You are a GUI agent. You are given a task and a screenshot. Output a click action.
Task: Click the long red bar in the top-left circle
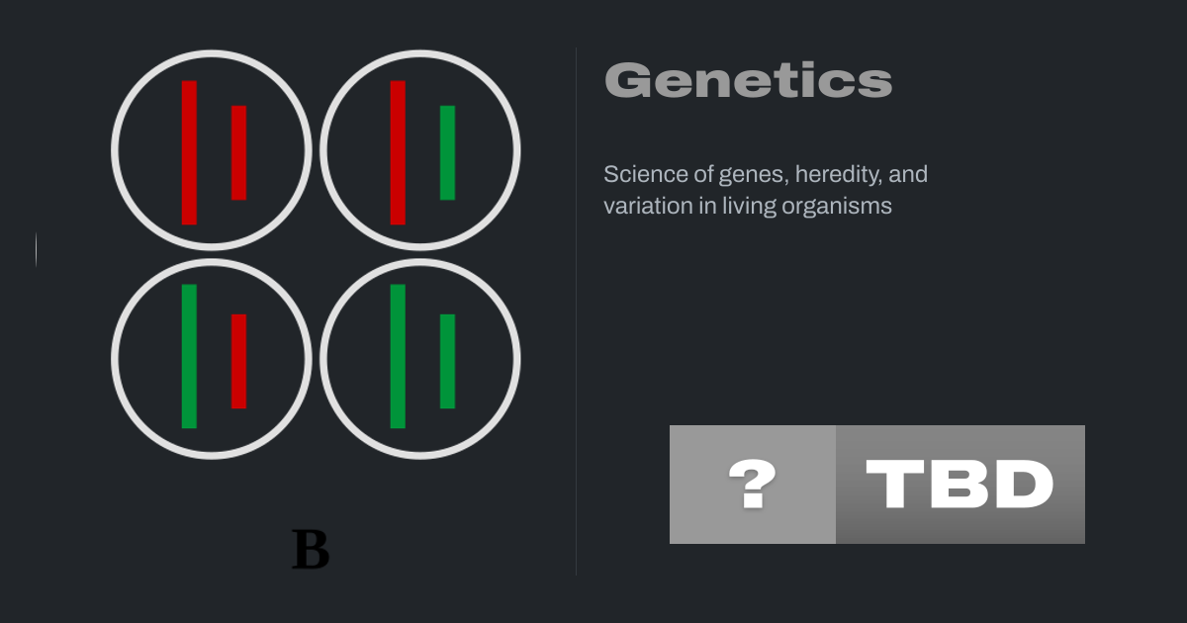189,152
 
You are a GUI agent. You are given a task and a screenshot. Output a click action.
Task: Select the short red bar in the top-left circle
239,152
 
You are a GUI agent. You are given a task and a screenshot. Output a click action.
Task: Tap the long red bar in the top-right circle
398,152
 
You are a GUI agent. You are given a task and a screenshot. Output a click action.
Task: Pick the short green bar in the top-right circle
448,152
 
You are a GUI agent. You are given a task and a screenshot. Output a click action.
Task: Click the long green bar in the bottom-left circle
189,356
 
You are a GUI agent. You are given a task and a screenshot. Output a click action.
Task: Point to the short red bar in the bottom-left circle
239,361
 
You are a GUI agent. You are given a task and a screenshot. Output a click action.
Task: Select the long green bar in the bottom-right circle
398,356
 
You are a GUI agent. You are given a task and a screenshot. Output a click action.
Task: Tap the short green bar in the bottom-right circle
448,361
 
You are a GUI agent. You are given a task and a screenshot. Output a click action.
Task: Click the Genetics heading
749,80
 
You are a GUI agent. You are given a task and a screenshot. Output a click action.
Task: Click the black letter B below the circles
311,550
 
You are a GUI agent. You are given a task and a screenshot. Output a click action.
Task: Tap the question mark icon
753,484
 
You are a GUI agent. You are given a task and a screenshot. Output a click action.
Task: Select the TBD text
959,484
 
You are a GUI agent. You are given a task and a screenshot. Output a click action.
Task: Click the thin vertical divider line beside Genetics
576,311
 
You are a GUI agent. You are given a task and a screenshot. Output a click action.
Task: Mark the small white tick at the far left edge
36,249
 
